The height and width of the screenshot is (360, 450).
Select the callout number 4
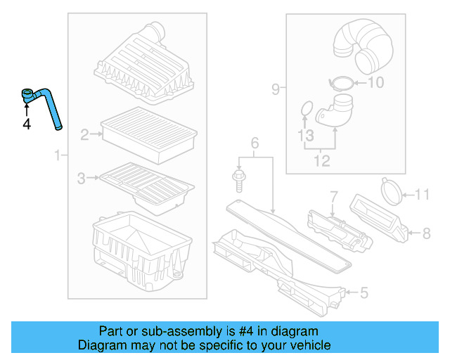27,124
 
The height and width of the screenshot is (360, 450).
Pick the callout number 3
82,179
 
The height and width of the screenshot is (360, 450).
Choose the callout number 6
255,144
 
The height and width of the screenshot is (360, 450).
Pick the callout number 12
321,162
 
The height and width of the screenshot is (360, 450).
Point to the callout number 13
304,134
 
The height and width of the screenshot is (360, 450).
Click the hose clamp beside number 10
341,83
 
